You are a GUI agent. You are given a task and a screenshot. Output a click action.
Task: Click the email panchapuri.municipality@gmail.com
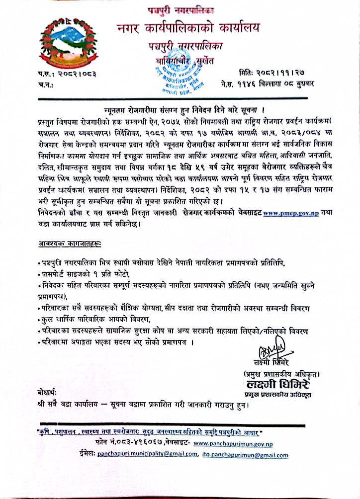click(x=144, y=454)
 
